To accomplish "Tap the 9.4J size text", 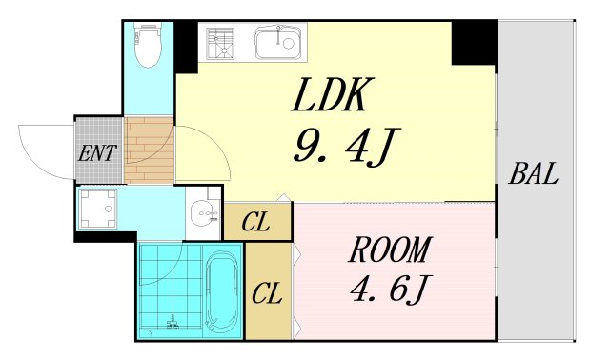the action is [345, 146].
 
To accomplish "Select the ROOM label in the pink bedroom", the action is [390, 250].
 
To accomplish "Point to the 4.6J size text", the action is [390, 289].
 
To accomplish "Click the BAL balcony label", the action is [534, 173].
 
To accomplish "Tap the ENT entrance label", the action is [97, 152].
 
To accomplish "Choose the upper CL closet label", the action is [255, 222].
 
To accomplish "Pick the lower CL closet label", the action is [267, 293].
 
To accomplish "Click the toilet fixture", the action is [149, 44].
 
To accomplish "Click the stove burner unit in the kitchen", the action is [220, 43].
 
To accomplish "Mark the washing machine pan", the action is [98, 209].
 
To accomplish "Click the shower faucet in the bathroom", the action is [173, 322].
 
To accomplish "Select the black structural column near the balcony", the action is [474, 43].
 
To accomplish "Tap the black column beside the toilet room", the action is [186, 47].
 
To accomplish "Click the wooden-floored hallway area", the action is [149, 150].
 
